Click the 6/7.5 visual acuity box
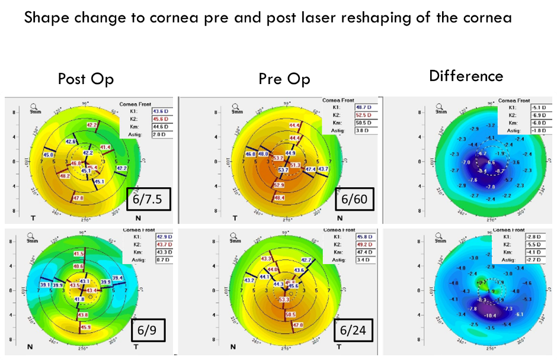click(x=149, y=198)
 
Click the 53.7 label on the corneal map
click(x=283, y=170)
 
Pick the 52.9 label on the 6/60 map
click(x=279, y=185)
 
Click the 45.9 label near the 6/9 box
click(x=86, y=327)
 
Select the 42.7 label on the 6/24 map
click(x=306, y=260)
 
